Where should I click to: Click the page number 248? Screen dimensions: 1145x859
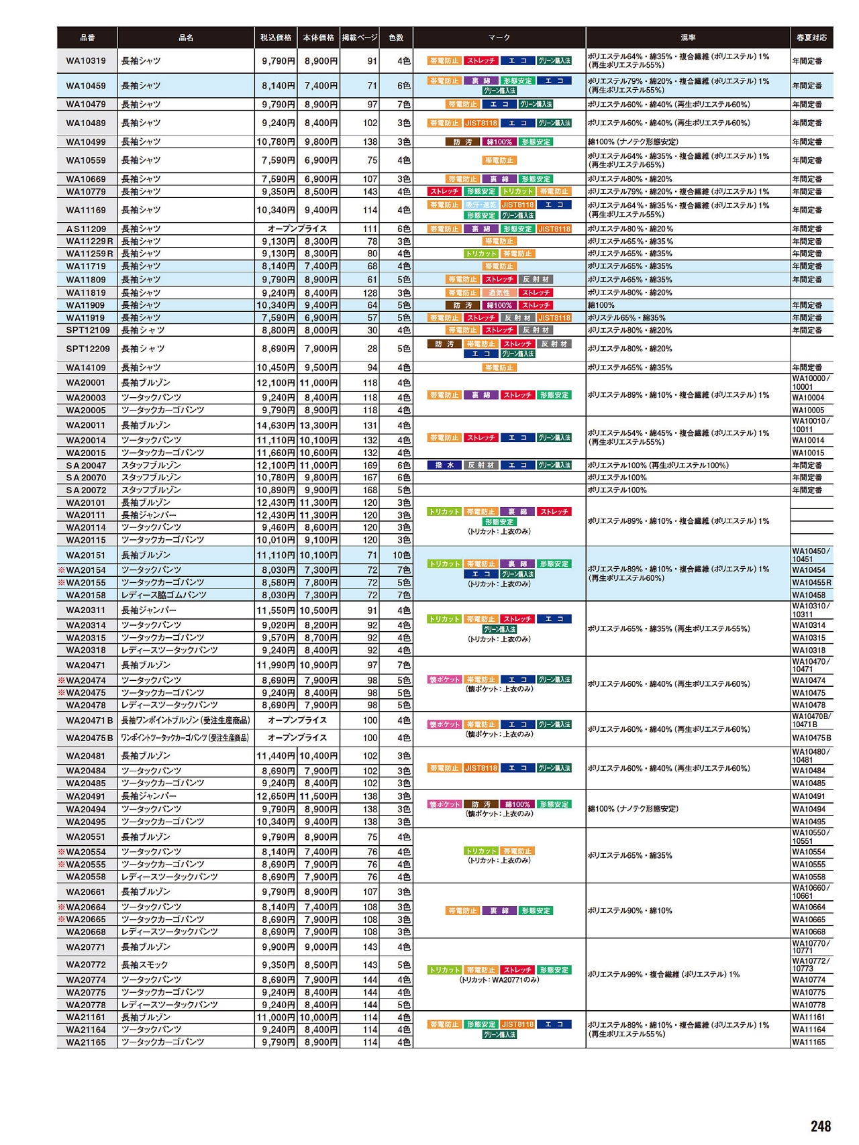click(820, 1126)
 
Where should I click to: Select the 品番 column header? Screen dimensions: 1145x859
click(87, 38)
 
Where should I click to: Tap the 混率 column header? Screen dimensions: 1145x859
click(688, 38)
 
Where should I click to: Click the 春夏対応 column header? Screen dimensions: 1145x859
click(811, 38)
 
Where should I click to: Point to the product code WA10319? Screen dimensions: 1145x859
click(86, 61)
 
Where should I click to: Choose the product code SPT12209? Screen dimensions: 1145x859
click(87, 349)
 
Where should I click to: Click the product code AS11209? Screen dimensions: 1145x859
click(86, 229)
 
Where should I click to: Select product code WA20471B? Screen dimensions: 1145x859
click(89, 720)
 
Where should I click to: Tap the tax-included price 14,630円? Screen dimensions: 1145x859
click(276, 425)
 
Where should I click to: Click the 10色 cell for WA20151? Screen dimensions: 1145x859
click(401, 555)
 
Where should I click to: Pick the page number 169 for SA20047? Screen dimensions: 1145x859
click(370, 466)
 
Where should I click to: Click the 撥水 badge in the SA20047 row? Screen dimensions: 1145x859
click(444, 466)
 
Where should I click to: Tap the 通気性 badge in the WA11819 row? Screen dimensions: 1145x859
click(499, 293)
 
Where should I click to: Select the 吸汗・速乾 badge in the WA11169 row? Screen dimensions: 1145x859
click(481, 205)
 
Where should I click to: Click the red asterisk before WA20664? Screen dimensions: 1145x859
click(62, 907)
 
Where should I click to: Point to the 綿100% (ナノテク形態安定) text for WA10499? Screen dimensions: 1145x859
click(633, 142)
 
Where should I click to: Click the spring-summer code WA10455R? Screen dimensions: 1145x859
click(811, 583)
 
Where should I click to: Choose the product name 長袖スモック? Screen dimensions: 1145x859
click(144, 965)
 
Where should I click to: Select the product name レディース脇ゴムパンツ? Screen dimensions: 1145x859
click(164, 595)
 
